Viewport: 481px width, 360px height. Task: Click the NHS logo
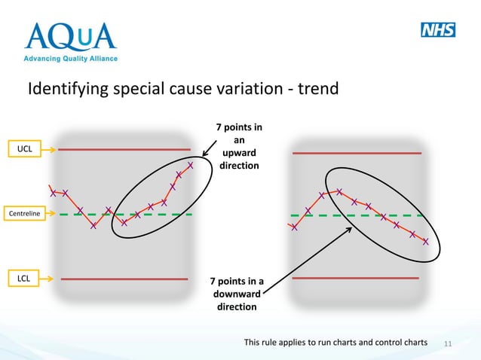tap(437, 30)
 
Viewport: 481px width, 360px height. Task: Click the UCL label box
tap(25, 150)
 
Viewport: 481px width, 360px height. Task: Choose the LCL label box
tap(25, 279)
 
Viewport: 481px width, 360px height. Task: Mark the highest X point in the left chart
tap(190, 165)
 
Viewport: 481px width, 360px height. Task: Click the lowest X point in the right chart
tap(426, 242)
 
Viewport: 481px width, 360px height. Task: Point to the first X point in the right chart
tap(294, 227)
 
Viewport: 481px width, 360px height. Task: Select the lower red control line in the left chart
tap(123, 279)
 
